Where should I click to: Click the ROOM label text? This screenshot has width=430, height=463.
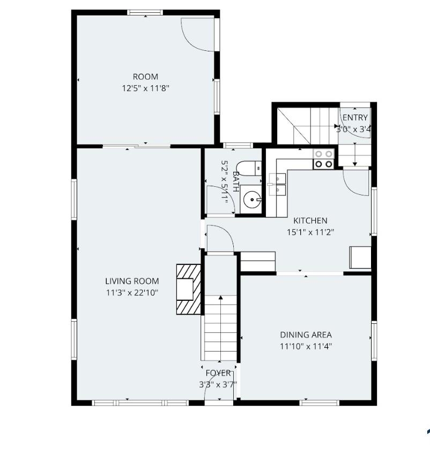click(145, 77)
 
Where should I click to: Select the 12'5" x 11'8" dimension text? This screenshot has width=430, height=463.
click(145, 87)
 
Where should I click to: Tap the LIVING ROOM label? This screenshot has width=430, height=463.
click(132, 281)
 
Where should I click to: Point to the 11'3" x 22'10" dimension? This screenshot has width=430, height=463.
click(132, 292)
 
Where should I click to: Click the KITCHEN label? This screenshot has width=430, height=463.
click(310, 221)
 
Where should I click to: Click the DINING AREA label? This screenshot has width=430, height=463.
click(306, 335)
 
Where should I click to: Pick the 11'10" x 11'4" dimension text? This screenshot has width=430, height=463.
click(306, 346)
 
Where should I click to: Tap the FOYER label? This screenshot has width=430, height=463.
click(218, 373)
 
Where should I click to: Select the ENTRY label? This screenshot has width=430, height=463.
click(355, 118)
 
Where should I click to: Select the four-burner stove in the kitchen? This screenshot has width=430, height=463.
click(323, 159)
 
